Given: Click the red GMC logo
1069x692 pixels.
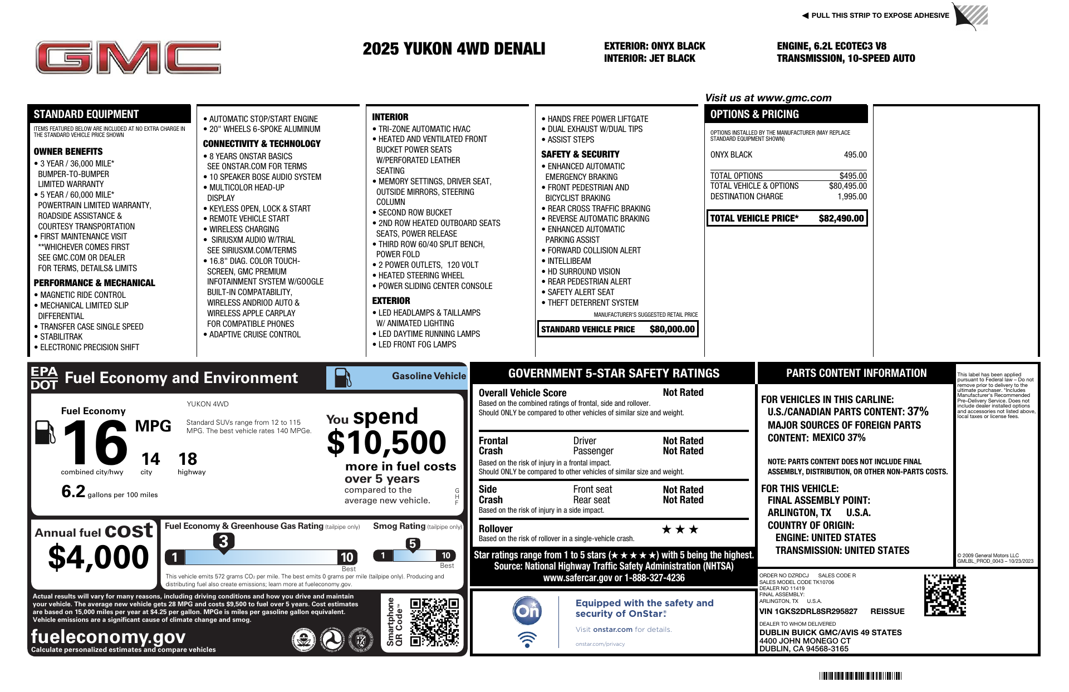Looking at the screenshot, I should [x=128, y=57].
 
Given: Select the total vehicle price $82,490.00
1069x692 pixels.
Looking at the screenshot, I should [x=841, y=219].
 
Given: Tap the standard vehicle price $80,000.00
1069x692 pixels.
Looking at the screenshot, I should [x=672, y=330].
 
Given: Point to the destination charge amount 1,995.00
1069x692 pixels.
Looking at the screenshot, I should [x=852, y=197].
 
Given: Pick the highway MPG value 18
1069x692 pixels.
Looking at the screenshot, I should [x=188, y=459].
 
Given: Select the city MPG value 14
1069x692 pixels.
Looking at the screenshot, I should [x=150, y=459].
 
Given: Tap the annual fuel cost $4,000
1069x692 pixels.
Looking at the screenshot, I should [x=99, y=557].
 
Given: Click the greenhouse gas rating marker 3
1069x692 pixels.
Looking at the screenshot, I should [x=223, y=541].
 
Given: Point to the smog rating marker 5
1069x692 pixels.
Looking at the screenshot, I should [x=413, y=544].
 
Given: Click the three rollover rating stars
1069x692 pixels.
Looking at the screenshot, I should [x=680, y=529].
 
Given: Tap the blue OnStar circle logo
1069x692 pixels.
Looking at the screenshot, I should [x=527, y=611].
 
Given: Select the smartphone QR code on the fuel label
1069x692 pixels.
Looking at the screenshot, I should [x=434, y=622].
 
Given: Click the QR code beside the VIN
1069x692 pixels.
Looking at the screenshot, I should [x=945, y=595].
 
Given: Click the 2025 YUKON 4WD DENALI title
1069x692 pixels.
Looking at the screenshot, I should [x=454, y=49].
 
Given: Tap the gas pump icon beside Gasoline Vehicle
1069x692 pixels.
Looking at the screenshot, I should [x=342, y=377].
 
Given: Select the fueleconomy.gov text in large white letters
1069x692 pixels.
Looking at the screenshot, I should [x=108, y=636].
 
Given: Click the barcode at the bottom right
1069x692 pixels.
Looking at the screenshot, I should [x=860, y=676].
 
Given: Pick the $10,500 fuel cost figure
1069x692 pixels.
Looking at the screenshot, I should [x=386, y=443].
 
